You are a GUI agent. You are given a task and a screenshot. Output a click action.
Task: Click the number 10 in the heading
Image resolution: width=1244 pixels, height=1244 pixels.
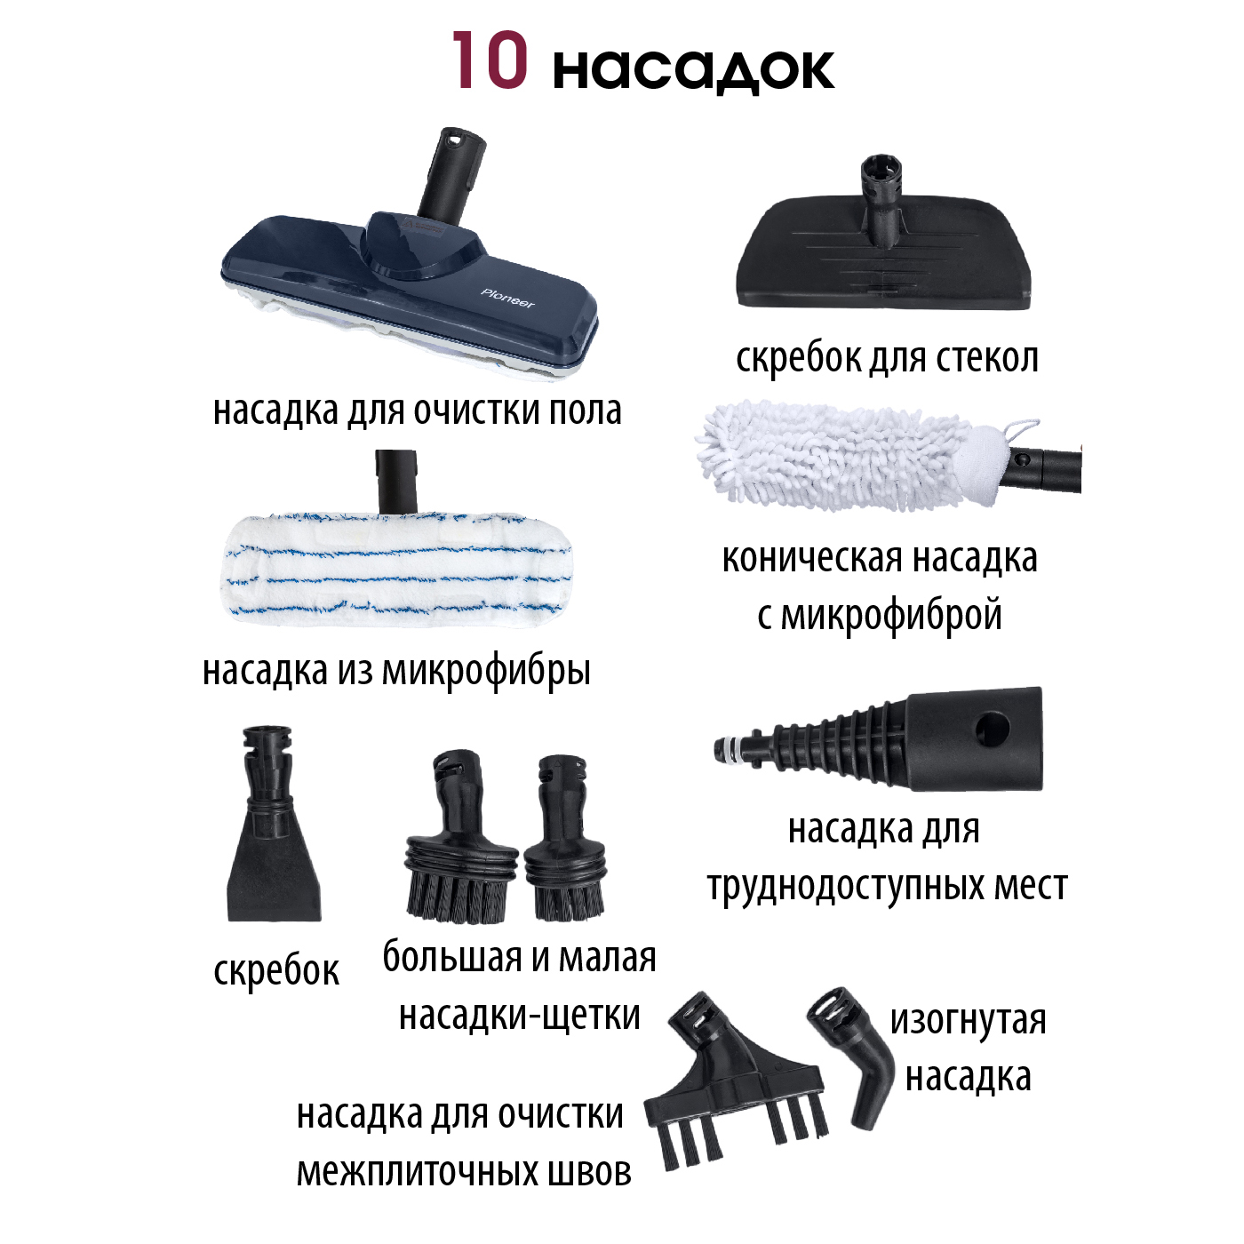(x=490, y=60)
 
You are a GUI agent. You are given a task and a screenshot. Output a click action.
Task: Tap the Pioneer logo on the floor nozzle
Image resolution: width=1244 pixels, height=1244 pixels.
(x=507, y=299)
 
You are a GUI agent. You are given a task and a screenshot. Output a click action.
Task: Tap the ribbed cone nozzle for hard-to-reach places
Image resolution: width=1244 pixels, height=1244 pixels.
(x=879, y=739)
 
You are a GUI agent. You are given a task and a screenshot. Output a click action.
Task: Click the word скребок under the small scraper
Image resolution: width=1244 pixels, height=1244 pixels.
(x=276, y=969)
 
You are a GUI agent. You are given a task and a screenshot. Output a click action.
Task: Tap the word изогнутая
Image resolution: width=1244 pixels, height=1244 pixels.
(x=968, y=1021)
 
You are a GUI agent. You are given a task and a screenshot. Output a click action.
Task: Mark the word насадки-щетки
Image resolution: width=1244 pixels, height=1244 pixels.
(x=520, y=1016)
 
